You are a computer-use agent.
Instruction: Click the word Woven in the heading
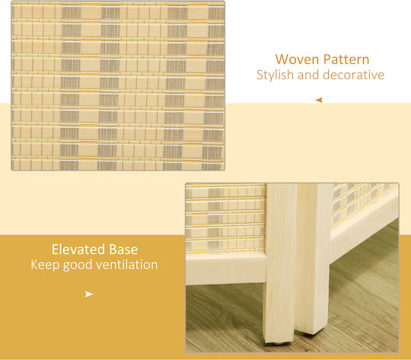click(x=297, y=59)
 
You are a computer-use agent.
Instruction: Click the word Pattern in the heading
click(x=346, y=59)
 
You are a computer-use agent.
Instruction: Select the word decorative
click(x=354, y=75)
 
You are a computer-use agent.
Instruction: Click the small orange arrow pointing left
click(x=319, y=100)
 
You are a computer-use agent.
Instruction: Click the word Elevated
click(x=78, y=250)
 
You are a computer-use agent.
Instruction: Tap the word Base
click(x=123, y=250)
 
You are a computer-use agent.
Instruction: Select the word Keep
click(x=45, y=265)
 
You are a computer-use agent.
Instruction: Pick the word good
click(x=78, y=265)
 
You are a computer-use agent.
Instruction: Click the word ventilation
click(x=127, y=265)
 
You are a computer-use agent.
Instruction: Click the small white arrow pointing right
click(x=89, y=295)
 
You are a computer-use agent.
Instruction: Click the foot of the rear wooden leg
click(x=311, y=331)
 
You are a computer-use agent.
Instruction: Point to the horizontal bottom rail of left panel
click(x=226, y=269)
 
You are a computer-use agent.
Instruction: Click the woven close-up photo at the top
click(x=118, y=86)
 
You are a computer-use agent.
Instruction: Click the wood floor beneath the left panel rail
click(x=225, y=317)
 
